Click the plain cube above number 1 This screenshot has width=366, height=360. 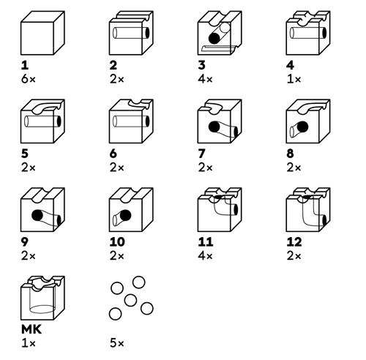pyautogui.click(x=40, y=35)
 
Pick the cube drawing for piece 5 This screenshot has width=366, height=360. pyautogui.click(x=40, y=124)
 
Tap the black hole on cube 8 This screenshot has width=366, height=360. pyautogui.click(x=298, y=130)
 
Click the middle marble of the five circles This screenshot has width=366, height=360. pyautogui.click(x=130, y=300)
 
